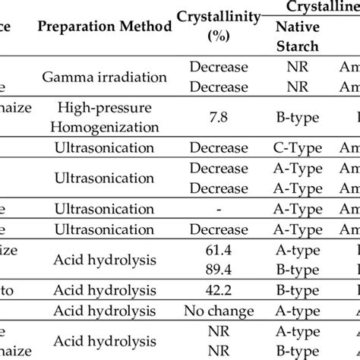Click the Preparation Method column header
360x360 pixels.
point(104,28)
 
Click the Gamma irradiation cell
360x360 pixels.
point(104,77)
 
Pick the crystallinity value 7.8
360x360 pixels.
point(218,115)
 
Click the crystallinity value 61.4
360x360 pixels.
point(218,250)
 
